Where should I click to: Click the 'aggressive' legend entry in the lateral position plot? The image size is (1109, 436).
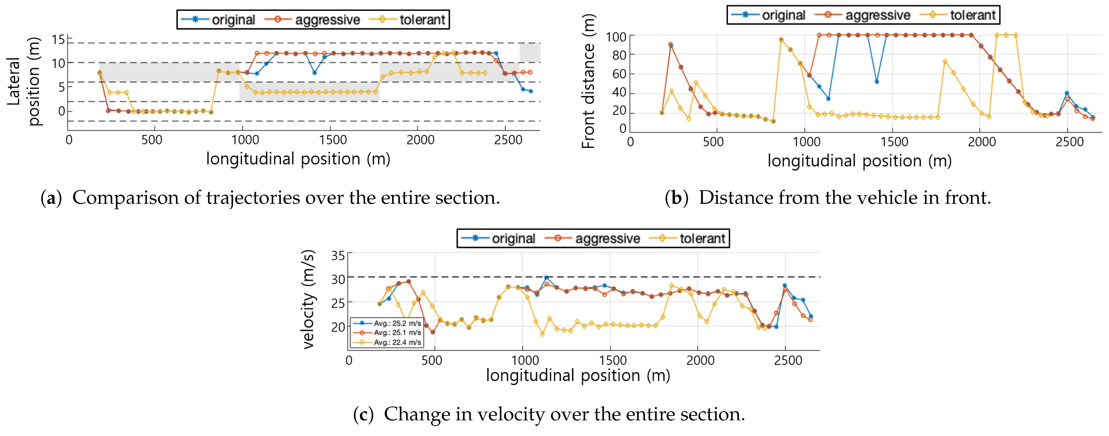coord(327,20)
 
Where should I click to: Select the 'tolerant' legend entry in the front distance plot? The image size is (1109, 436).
coord(972,15)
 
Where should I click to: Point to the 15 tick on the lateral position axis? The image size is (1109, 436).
coord(58,40)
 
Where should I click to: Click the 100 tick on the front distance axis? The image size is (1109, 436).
coord(616,37)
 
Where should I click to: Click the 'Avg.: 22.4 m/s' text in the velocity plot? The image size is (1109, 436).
coord(397,342)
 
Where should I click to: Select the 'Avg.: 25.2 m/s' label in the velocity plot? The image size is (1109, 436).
coord(397,323)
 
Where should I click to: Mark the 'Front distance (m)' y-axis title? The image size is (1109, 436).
coord(588,81)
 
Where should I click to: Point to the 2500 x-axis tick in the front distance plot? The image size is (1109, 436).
coord(1069,142)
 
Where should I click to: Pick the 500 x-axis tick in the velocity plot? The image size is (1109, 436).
coord(432,360)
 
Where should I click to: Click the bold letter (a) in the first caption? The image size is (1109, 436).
coord(51,198)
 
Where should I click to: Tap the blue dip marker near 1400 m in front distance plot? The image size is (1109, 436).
coord(876,82)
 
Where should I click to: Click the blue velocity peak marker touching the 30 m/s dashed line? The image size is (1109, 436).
coord(546,277)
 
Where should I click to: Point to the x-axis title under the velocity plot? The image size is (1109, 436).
coord(578,375)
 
